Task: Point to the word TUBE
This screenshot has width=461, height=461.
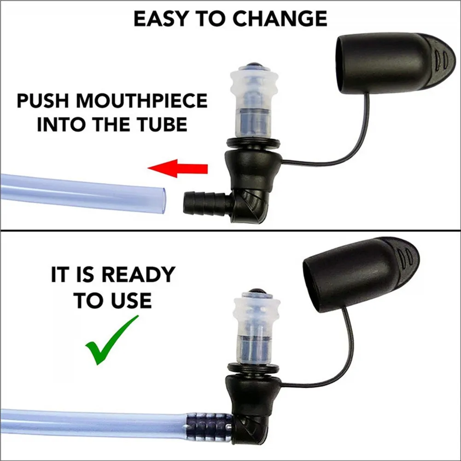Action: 163,124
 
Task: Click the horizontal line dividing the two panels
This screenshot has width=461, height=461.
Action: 230,230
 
